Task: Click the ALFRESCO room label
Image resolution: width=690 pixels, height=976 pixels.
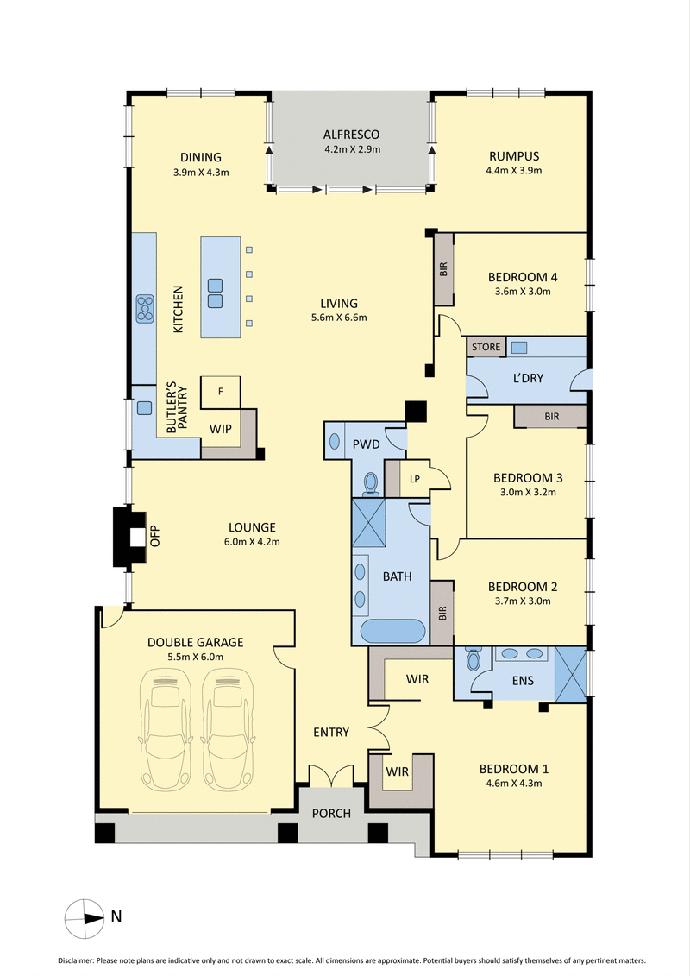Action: (x=351, y=135)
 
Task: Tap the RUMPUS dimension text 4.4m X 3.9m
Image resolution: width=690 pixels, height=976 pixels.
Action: (x=514, y=171)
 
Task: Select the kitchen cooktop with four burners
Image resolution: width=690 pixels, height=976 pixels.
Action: (x=145, y=307)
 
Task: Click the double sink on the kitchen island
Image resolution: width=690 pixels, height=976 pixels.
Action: (x=215, y=293)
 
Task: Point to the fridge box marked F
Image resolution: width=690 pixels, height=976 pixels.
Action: (x=221, y=392)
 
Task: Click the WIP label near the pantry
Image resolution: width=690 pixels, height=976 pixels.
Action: (x=221, y=428)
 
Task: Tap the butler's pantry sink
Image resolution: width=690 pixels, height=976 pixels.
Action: (x=145, y=406)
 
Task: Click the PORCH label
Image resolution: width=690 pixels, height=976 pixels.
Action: (x=332, y=814)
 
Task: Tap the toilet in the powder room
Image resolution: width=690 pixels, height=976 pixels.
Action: (x=370, y=482)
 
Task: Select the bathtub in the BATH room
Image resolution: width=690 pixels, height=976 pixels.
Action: (x=392, y=632)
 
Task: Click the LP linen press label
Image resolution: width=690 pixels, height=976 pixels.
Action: (x=415, y=478)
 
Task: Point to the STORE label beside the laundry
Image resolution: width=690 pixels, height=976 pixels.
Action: (x=486, y=347)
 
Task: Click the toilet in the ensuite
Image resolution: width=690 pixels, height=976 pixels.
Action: (x=473, y=661)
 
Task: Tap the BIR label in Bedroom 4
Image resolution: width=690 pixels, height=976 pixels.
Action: (x=444, y=268)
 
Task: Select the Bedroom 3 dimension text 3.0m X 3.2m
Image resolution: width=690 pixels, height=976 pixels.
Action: (x=528, y=493)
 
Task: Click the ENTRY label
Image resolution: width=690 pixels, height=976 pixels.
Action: (x=331, y=732)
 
